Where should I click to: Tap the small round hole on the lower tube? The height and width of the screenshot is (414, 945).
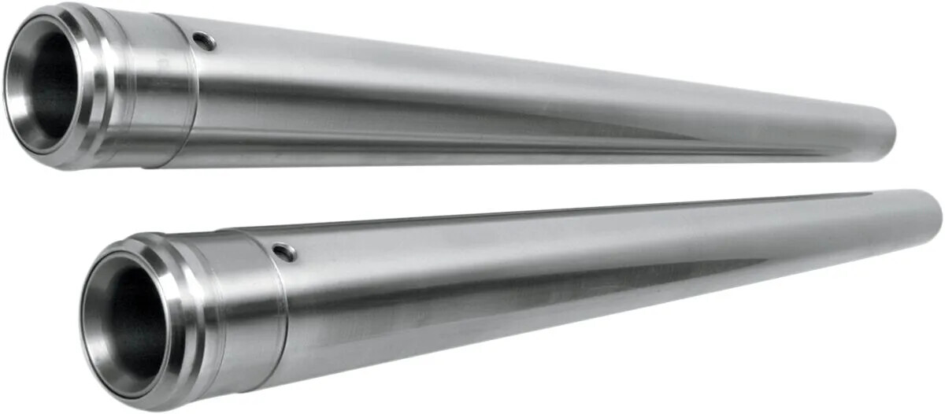coord(284,252)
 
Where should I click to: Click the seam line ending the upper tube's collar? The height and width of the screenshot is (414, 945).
coord(194,102)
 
